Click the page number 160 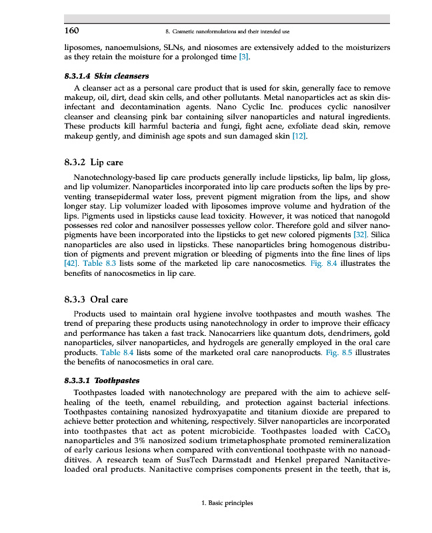71,30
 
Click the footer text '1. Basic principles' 227,503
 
